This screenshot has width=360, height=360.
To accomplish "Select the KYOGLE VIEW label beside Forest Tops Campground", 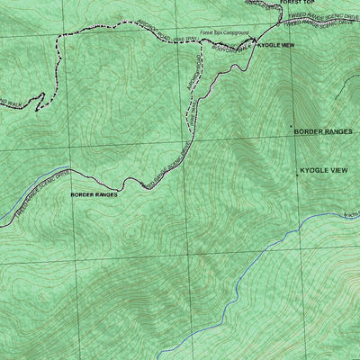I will pyautogui.click(x=275, y=44).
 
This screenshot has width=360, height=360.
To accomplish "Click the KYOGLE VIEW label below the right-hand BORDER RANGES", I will pyautogui.click(x=324, y=170).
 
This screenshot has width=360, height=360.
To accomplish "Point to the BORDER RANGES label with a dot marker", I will pyautogui.click(x=326, y=131).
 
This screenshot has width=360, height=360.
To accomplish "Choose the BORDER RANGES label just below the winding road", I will pyautogui.click(x=94, y=193).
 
